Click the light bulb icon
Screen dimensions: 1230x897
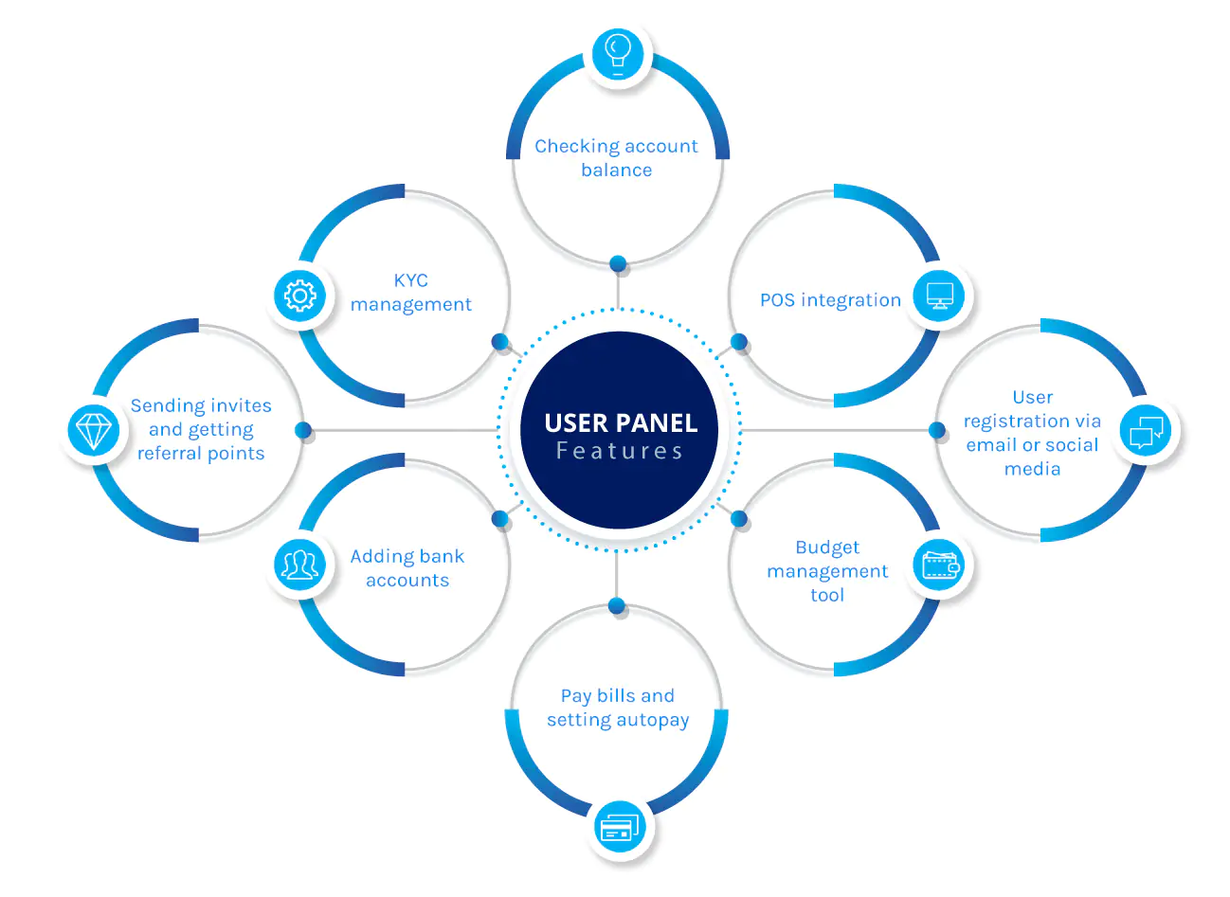pyautogui.click(x=618, y=54)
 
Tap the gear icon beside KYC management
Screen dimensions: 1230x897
pyautogui.click(x=299, y=296)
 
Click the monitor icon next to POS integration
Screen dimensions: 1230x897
pyautogui.click(x=939, y=296)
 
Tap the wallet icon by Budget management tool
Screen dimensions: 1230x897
pyautogui.click(x=941, y=565)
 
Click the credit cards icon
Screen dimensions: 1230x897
pyautogui.click(x=620, y=827)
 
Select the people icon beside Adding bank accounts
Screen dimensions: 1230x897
pyautogui.click(x=299, y=565)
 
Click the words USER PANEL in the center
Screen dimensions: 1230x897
pyautogui.click(x=621, y=423)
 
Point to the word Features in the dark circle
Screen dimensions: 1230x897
pyautogui.click(x=620, y=451)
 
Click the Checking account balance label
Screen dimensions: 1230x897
pyautogui.click(x=616, y=157)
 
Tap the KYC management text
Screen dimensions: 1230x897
pyautogui.click(x=410, y=293)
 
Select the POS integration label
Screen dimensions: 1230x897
pyautogui.click(x=830, y=300)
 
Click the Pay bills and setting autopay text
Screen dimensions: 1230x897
pyautogui.click(x=618, y=709)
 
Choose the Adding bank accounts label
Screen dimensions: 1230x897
pyautogui.click(x=407, y=568)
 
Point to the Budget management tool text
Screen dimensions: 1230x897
pyautogui.click(x=827, y=571)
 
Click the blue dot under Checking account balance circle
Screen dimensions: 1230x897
pyautogui.click(x=618, y=263)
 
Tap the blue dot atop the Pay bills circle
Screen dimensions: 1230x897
pyautogui.click(x=617, y=605)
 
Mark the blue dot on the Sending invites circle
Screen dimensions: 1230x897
pyautogui.click(x=303, y=430)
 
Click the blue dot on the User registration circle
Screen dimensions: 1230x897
pyautogui.click(x=937, y=430)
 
